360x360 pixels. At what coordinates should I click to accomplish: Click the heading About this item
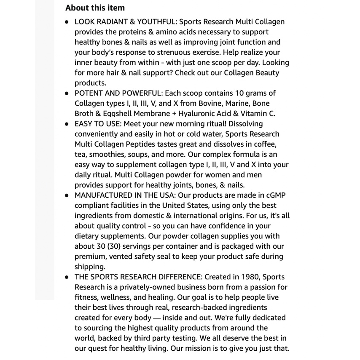coord(95,8)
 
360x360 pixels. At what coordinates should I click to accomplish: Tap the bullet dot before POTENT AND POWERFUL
coord(67,93)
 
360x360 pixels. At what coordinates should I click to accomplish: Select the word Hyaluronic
coord(197,113)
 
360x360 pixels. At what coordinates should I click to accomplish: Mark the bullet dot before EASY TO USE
coord(67,124)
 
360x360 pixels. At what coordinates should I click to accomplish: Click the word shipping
coord(89,266)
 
